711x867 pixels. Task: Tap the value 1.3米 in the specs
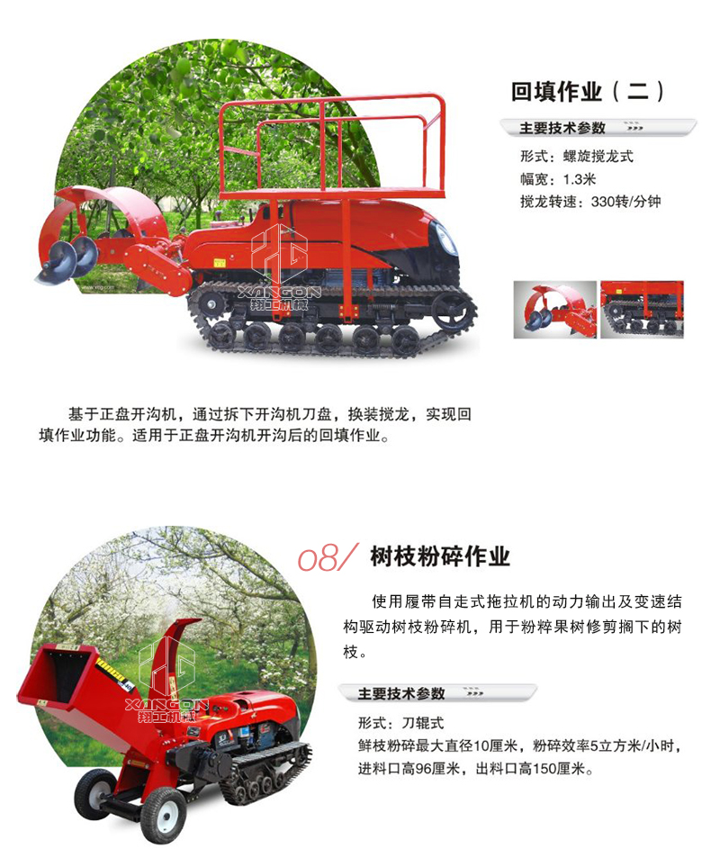(x=580, y=179)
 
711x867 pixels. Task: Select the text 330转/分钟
(x=625, y=202)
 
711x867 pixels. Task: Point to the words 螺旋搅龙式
(x=598, y=157)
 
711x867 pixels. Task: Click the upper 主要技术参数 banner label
(x=562, y=128)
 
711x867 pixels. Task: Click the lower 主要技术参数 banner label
(x=400, y=693)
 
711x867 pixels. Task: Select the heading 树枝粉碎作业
(x=440, y=556)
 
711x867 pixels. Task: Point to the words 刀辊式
(x=423, y=723)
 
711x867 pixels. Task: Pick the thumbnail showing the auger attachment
(x=555, y=310)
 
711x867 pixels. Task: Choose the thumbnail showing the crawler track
(x=642, y=310)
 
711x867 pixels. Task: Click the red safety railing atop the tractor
(x=332, y=149)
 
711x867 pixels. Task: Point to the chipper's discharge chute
(x=171, y=658)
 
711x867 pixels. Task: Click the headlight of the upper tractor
(x=445, y=239)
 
